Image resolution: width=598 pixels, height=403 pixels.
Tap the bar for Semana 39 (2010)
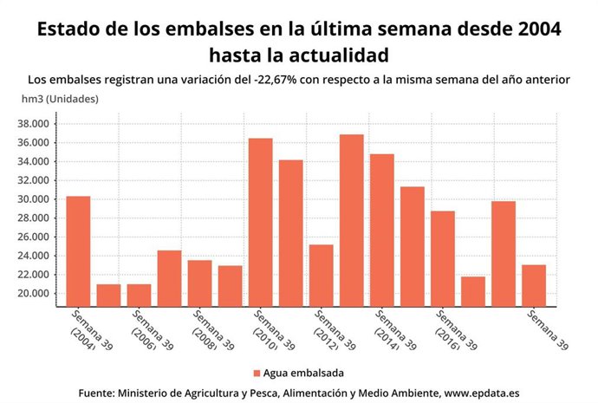pos(260,222)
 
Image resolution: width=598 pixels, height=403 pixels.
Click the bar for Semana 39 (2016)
pos(442,258)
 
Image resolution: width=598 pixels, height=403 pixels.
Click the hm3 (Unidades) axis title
pos(60,99)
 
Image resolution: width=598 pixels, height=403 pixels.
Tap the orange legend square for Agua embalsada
pos(257,373)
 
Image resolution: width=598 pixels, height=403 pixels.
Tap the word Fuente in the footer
pos(99,393)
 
